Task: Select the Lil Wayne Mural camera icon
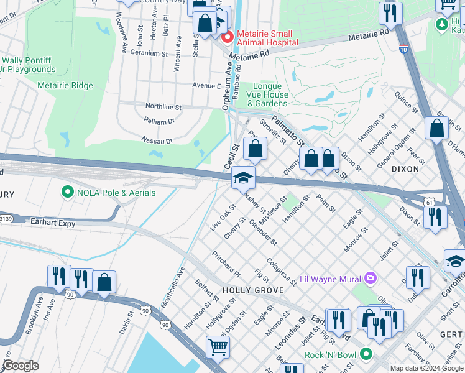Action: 371,278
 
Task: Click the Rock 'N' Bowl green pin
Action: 366,355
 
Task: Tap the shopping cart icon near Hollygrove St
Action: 218,347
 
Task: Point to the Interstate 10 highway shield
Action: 404,48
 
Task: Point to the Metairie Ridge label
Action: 65,86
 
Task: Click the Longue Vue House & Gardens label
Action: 272,94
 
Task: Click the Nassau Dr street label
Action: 157,140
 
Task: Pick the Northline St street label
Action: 163,107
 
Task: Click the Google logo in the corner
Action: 21,366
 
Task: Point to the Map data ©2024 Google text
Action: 426,368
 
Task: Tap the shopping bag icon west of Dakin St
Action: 104,282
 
